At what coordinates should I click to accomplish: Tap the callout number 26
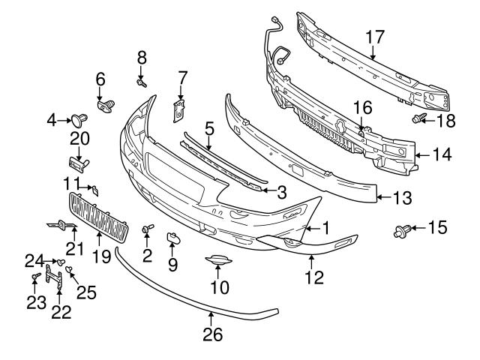[x=213, y=334]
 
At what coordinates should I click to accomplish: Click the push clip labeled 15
[x=400, y=229]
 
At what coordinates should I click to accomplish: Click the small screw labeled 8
[x=141, y=81]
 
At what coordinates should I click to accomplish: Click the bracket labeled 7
[x=178, y=109]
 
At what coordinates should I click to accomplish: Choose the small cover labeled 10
[x=217, y=260]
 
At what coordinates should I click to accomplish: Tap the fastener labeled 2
[x=147, y=229]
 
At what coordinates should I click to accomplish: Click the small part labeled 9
[x=171, y=239]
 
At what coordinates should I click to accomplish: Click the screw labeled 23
[x=35, y=279]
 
